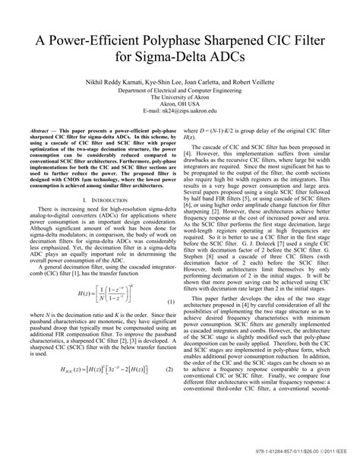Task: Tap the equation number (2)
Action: click(x=170, y=411)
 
